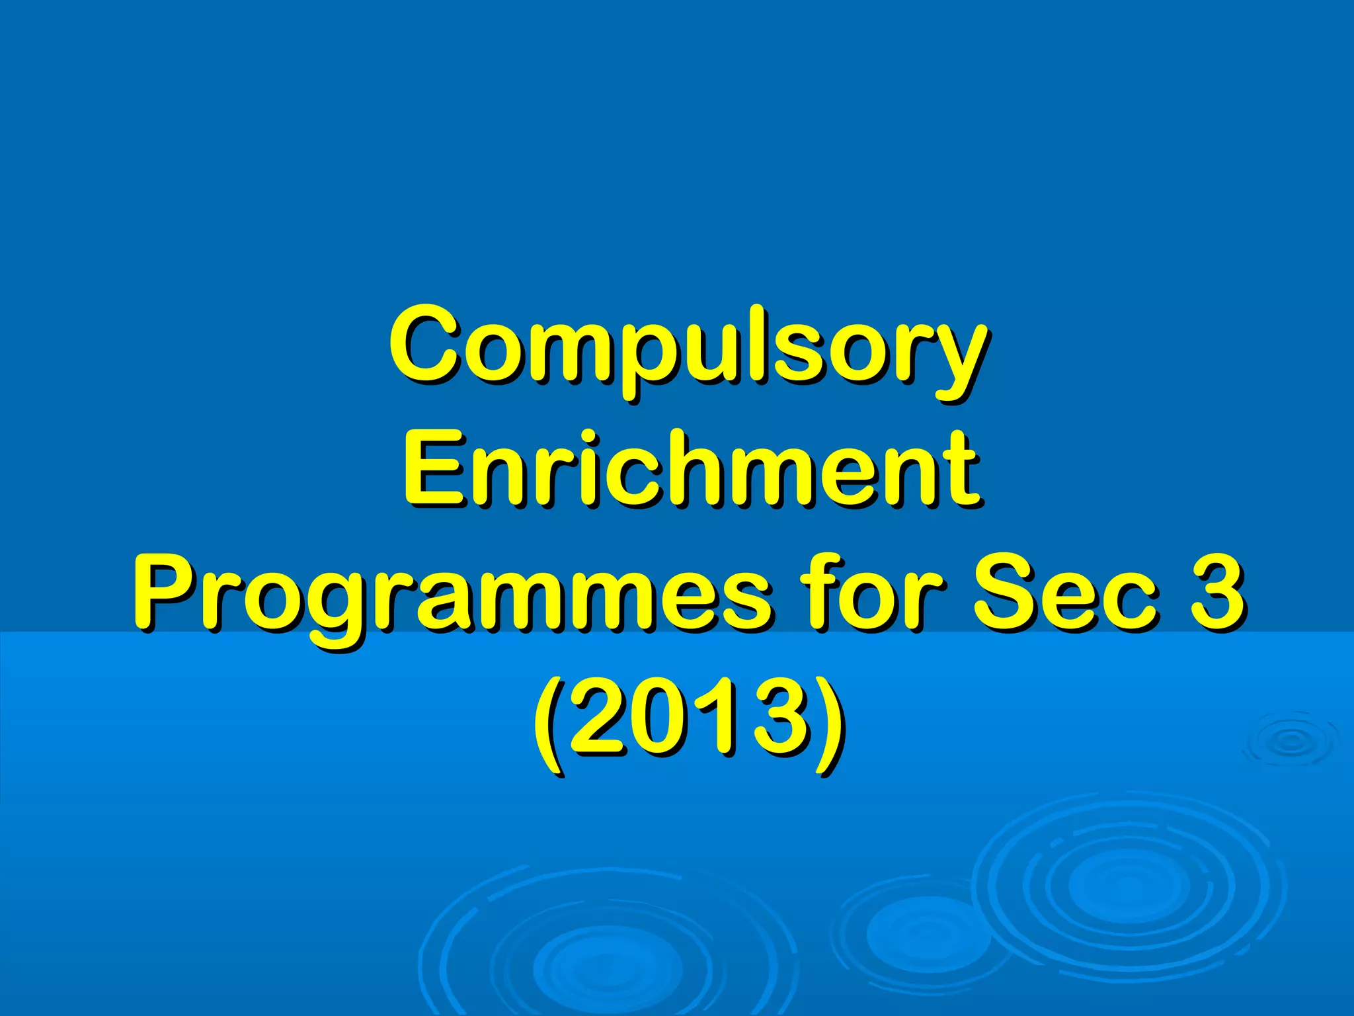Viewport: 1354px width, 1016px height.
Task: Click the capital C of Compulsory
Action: point(424,344)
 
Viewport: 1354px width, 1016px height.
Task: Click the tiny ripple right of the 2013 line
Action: point(1290,741)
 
